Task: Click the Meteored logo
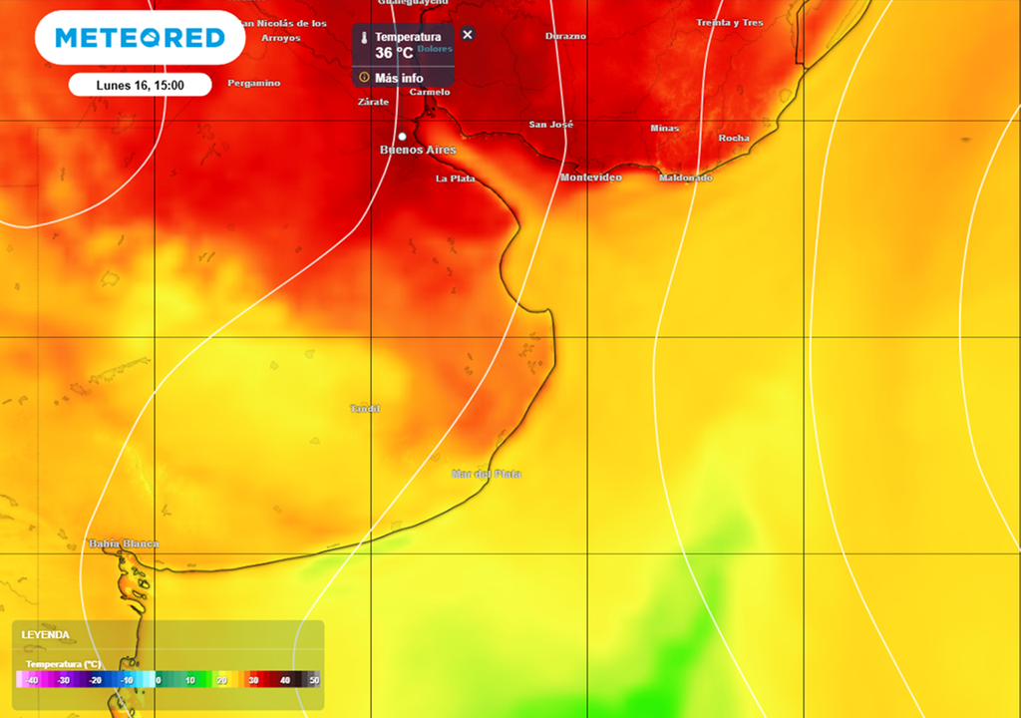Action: (x=140, y=38)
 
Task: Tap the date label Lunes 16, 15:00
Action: (x=140, y=85)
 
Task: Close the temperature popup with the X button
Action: (x=468, y=34)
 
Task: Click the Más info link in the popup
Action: (x=398, y=78)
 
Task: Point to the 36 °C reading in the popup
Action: (x=394, y=53)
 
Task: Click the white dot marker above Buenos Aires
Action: (x=402, y=136)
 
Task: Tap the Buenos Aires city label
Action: (x=418, y=150)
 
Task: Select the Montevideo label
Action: (x=590, y=178)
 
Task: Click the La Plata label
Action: (x=455, y=179)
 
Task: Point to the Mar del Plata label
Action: (x=486, y=474)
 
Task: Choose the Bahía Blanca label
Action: (x=124, y=543)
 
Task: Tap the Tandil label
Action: (x=365, y=409)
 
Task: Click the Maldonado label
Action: (x=686, y=178)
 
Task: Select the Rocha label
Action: (x=733, y=138)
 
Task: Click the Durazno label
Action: (x=565, y=36)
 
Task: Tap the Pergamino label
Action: (x=253, y=83)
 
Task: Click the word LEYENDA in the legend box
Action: (x=46, y=634)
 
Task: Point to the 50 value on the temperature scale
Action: (x=314, y=680)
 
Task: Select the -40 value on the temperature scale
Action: (x=32, y=680)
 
